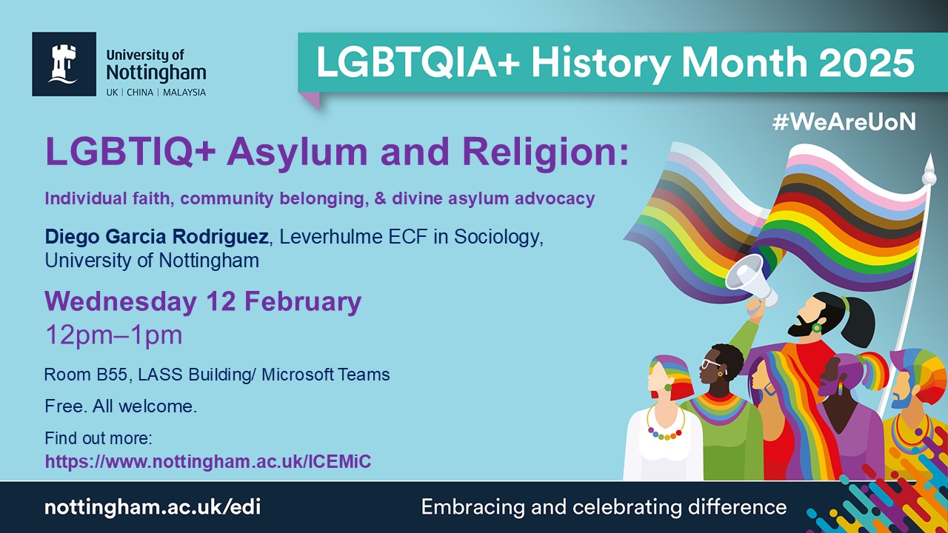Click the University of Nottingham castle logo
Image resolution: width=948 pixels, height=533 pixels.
[64, 64]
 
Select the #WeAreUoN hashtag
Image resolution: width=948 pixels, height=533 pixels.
[844, 122]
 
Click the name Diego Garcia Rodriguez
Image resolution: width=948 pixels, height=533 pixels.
[156, 237]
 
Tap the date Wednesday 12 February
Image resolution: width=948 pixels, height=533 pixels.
[203, 302]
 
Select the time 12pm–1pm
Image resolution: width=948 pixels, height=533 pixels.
[114, 335]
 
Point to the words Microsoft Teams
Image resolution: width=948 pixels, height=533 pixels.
[325, 375]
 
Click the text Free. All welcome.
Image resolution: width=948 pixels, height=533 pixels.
[121, 406]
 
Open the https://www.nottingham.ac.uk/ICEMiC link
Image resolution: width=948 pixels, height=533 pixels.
[208, 461]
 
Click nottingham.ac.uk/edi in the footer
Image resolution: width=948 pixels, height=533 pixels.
[153, 507]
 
